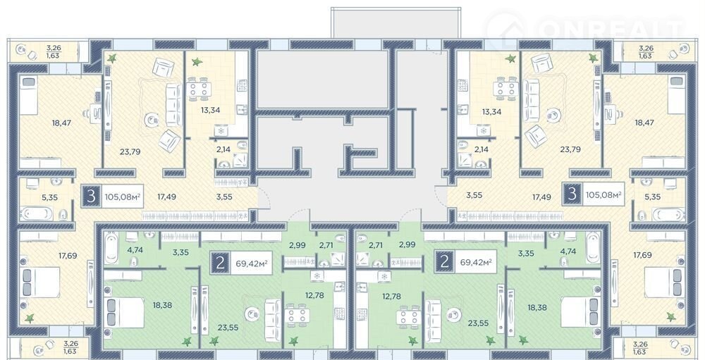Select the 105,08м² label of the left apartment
[x=123, y=196]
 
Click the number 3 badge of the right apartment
[x=572, y=194]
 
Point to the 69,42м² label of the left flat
[x=252, y=263]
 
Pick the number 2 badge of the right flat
[x=445, y=261]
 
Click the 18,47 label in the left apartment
[x=61, y=123]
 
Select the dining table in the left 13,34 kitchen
[x=198, y=89]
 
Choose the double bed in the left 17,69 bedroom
[x=40, y=282]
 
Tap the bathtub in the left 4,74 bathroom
[x=111, y=248]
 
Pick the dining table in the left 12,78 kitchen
[x=298, y=316]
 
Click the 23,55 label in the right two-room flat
[x=479, y=322]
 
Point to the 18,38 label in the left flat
[x=162, y=305]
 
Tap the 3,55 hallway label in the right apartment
[x=474, y=195]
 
